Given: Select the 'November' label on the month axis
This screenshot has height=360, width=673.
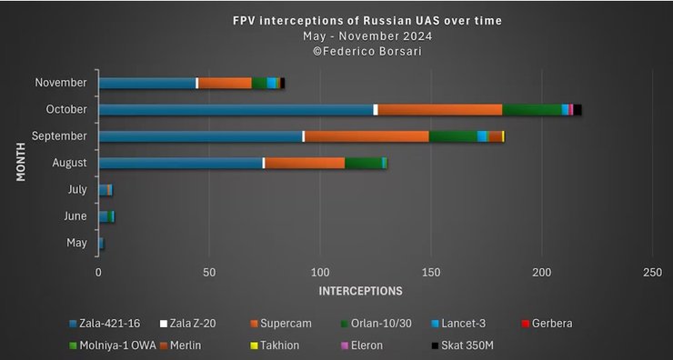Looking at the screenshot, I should pos(61,83).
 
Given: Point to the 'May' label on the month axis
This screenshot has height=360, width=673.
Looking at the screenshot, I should pos(77,243).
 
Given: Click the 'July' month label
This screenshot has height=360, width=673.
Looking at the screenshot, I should pos(77,189).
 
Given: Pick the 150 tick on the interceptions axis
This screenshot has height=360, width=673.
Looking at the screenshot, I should pos(430,273).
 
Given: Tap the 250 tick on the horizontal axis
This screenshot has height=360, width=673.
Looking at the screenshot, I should pos(651,273).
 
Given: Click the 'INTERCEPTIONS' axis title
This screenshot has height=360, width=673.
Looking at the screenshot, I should pos(360,291).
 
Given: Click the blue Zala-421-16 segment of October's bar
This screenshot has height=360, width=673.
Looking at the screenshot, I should pos(236,110).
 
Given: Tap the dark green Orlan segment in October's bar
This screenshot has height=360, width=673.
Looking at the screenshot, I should pos(532,110).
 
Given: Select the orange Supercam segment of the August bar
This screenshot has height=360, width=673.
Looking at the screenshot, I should pos(305,163).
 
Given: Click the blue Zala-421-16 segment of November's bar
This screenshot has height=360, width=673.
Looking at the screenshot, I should pos(146,83).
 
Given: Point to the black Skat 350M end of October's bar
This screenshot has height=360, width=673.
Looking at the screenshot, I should pos(578,110).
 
